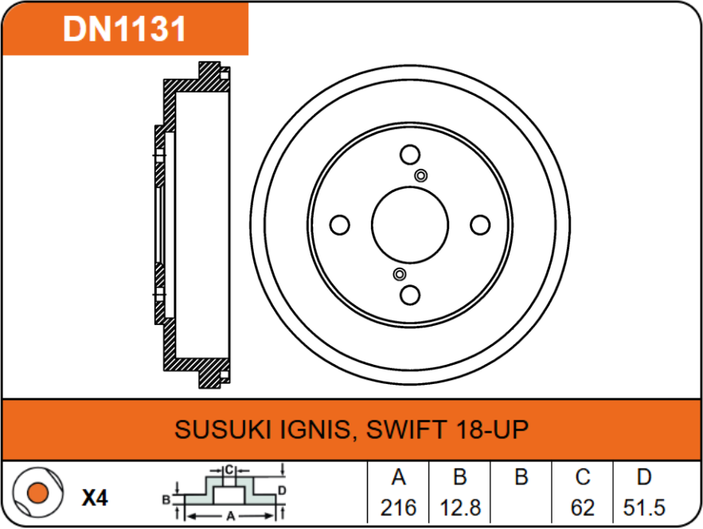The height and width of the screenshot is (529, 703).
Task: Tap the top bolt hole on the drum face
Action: [x=410, y=155]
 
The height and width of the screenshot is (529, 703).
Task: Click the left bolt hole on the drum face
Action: [x=340, y=225]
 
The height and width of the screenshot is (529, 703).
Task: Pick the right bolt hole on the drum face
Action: [x=480, y=225]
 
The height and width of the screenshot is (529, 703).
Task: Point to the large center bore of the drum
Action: [x=410, y=225]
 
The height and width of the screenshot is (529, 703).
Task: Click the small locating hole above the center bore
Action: [x=421, y=176]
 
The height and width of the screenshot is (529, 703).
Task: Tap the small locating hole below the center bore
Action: [x=400, y=275]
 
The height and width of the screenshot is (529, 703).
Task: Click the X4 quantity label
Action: [x=95, y=499]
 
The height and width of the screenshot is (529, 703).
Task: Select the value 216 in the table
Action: [x=399, y=507]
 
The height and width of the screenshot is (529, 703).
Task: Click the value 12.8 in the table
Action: [x=460, y=507]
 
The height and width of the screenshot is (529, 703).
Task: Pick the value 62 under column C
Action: [x=583, y=507]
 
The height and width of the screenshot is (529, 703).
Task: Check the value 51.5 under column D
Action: [x=644, y=507]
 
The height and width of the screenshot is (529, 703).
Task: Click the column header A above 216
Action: [x=399, y=477]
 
